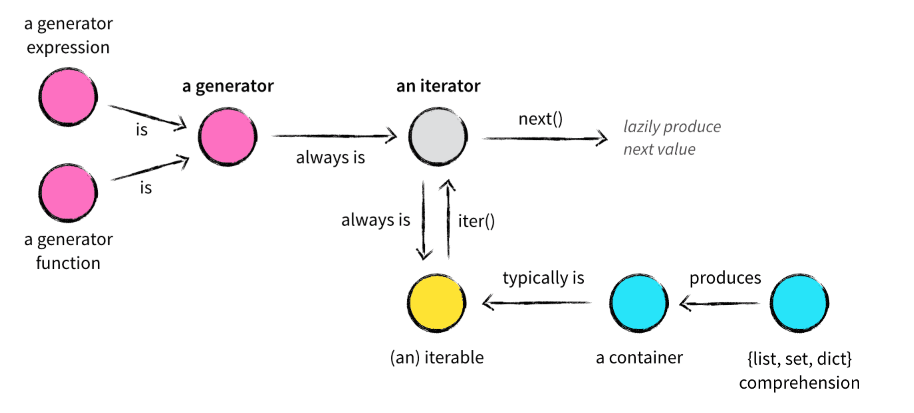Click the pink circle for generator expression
coord(68,97)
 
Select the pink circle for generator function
coord(68,193)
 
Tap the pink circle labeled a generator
coord(228,136)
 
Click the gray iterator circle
coord(438,136)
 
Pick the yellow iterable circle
coord(437,303)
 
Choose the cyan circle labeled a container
coord(639,303)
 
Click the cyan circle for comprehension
coord(799,303)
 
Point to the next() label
coord(540,119)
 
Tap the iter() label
coord(476,221)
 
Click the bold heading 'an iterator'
coord(438,86)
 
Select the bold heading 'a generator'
coord(228,86)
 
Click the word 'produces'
coord(725,278)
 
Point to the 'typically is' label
coord(543,278)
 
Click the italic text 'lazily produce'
coord(672,127)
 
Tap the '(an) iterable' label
coord(437,358)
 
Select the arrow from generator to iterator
coord(334,136)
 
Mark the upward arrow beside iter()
coord(448,219)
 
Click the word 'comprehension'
coord(799,383)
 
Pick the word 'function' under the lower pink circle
coord(68,263)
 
